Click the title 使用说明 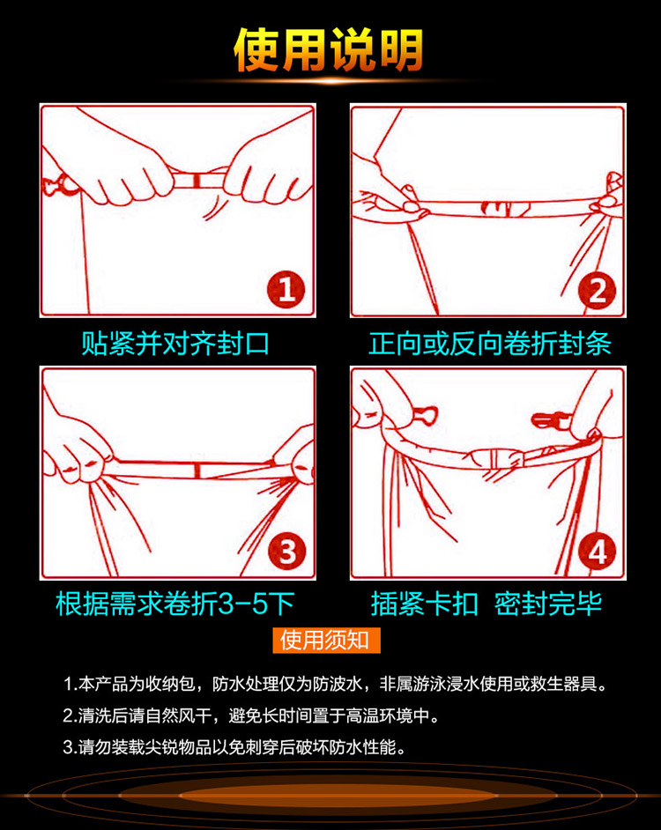click(x=329, y=49)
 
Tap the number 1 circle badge click(x=286, y=290)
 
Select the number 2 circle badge click(x=597, y=291)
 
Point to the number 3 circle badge click(x=286, y=551)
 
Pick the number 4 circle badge click(x=597, y=552)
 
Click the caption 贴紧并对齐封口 click(x=176, y=343)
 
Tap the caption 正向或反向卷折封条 click(x=490, y=343)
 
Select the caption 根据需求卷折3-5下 click(x=175, y=603)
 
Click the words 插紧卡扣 click(x=424, y=603)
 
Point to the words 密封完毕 click(x=548, y=603)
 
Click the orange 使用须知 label click(x=326, y=640)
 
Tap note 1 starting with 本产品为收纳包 click(x=334, y=684)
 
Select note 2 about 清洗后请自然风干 click(x=251, y=715)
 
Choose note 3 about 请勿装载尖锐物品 click(x=234, y=747)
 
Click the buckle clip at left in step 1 click(x=59, y=185)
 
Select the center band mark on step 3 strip click(x=197, y=470)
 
